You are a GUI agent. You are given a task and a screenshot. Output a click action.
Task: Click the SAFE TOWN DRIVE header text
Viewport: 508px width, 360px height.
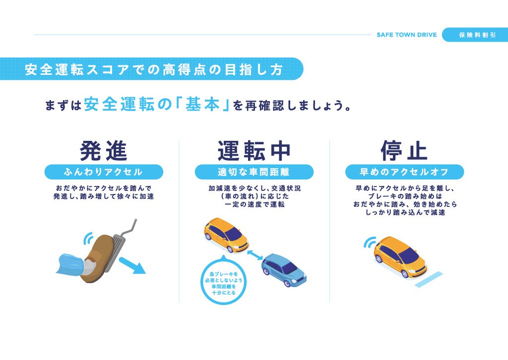click(407, 35)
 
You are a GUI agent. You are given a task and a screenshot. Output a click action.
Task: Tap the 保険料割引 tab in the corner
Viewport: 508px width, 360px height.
click(475, 35)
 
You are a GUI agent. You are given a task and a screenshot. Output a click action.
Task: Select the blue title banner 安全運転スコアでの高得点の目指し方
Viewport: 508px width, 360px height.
click(152, 69)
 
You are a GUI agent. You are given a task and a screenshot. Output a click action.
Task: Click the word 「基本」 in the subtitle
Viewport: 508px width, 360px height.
click(202, 105)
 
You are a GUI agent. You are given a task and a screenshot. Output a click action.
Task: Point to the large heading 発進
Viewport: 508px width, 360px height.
click(104, 151)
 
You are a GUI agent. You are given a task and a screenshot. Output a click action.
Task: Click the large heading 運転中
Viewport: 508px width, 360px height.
click(254, 151)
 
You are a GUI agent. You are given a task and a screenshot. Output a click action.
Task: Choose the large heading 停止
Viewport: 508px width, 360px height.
click(404, 151)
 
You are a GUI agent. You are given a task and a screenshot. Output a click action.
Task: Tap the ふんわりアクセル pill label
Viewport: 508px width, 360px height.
click(104, 172)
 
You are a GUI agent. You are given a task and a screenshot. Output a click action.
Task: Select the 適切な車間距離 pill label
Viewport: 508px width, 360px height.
click(254, 172)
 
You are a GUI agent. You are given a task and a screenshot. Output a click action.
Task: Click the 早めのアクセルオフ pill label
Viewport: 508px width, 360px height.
click(404, 172)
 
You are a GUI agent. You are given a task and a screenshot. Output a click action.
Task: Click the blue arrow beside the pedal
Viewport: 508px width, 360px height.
click(132, 266)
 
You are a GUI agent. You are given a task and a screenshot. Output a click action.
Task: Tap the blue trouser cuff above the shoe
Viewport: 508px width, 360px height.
click(70, 264)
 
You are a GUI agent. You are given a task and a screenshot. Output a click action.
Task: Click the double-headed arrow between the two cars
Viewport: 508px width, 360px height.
click(255, 255)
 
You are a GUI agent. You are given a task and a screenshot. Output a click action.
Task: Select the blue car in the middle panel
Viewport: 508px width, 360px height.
click(284, 270)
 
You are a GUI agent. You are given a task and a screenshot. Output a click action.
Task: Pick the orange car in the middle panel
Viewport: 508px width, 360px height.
click(226, 235)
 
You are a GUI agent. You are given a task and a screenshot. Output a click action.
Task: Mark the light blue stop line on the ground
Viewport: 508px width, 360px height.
click(429, 280)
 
